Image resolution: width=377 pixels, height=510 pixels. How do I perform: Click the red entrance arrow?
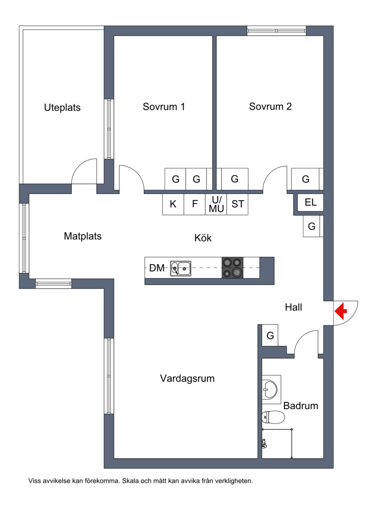click(x=341, y=311)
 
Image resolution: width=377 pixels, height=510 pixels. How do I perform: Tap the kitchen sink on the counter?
click(x=180, y=268)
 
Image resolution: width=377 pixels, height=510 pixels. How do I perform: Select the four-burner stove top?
click(x=232, y=268)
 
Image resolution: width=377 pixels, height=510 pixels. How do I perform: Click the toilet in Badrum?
click(x=273, y=417)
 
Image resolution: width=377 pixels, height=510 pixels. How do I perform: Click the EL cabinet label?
click(x=311, y=202)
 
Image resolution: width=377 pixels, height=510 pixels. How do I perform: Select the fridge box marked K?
click(x=173, y=204)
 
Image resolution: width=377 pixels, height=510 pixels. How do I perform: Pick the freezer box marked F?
click(x=195, y=204)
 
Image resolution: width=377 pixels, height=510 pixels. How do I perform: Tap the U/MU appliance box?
click(x=216, y=204)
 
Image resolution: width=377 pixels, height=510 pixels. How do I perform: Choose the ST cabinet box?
click(x=238, y=204)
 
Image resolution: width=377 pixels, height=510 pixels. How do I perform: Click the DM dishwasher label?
click(x=157, y=268)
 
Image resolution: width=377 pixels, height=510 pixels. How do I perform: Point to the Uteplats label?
click(x=62, y=108)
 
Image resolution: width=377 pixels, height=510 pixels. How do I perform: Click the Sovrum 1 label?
click(x=164, y=107)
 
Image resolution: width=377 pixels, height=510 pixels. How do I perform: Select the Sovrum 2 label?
click(x=270, y=106)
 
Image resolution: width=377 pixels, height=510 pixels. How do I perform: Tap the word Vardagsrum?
click(x=188, y=379)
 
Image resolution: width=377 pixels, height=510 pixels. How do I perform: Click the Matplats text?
click(x=83, y=236)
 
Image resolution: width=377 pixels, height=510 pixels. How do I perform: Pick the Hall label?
click(x=294, y=307)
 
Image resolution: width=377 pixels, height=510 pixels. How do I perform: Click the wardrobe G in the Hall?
click(x=270, y=335)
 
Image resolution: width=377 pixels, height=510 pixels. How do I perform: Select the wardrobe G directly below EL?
click(x=311, y=226)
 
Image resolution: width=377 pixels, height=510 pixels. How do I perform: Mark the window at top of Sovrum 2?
click(x=276, y=31)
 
